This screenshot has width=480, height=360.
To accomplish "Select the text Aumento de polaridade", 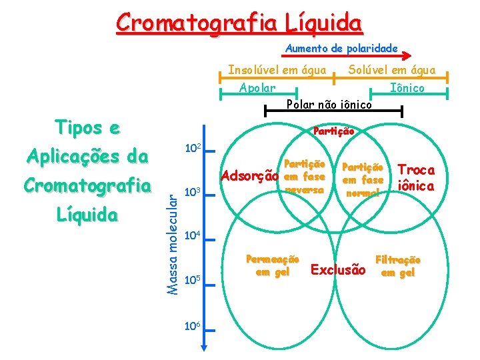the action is pos(341,48).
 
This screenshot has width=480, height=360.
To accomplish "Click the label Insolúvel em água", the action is pos(277,70).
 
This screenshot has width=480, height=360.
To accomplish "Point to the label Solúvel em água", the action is pos(391,70).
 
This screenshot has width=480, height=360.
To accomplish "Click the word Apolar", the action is pos(257,88).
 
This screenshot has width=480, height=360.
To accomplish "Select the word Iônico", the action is pos(407,88).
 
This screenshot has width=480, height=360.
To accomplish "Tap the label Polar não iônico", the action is pos(329,104).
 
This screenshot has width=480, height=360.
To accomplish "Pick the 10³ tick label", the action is pos(191,193).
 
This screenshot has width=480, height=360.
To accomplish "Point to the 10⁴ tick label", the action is pos(191,235).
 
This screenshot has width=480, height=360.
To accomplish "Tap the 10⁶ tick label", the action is pos(191,324).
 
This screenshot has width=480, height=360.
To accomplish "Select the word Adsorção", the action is pos(249,177).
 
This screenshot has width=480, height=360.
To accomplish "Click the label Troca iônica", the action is pos(416,178).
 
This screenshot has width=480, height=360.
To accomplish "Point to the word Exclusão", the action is pos(338,270).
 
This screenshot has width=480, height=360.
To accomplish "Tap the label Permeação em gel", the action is pos(273,265).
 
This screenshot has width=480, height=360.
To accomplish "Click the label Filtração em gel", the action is pos(398,265).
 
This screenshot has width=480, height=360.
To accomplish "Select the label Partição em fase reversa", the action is pos(304,177).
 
